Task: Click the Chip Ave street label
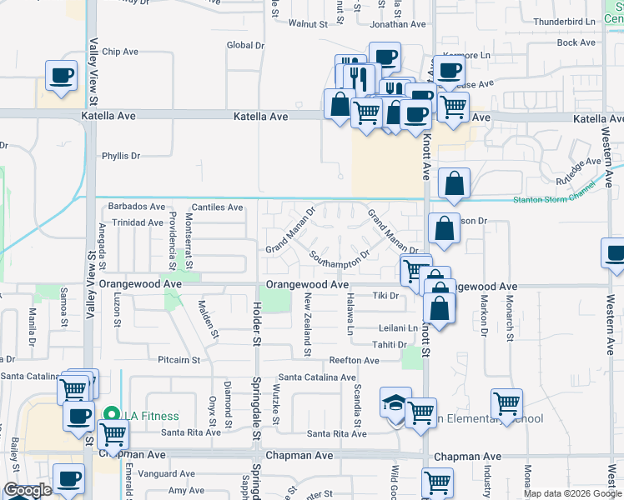coord(119,52)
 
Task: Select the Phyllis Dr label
coord(121,156)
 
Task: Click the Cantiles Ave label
coord(217,207)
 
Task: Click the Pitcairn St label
coord(179,360)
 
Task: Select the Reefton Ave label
coord(354,360)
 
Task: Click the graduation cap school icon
coord(394,403)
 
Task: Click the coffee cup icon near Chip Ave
coord(61,76)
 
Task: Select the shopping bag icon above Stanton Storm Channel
coord(454,183)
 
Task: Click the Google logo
coord(28,491)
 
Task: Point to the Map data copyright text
coord(572,493)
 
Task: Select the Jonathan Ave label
coord(398,25)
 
